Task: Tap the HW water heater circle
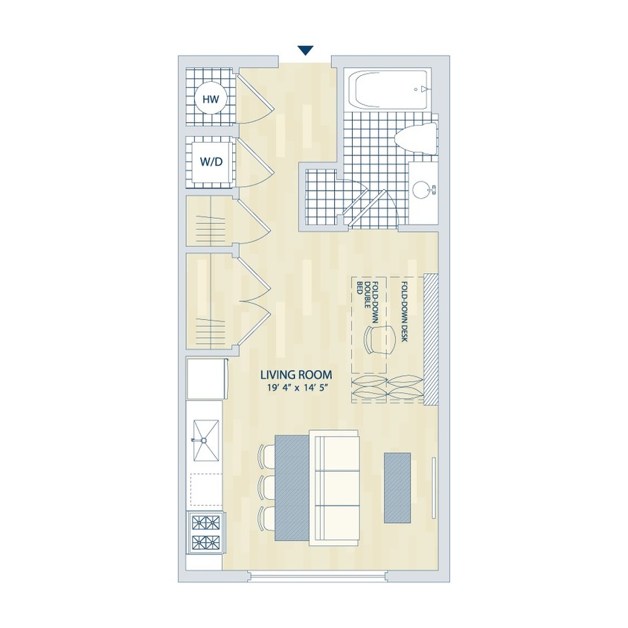point(211,99)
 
